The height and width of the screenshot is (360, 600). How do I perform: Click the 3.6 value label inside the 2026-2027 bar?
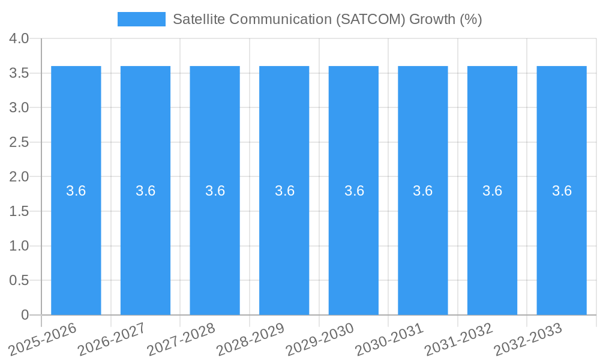click(x=145, y=191)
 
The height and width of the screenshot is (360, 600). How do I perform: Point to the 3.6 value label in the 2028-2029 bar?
click(x=284, y=191)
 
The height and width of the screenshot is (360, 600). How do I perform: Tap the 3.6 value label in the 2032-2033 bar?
click(x=562, y=191)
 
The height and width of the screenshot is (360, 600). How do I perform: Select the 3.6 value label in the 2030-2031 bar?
click(x=423, y=191)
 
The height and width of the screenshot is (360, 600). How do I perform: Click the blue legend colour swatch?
click(x=141, y=19)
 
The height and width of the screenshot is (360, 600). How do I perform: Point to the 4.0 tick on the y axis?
click(x=19, y=38)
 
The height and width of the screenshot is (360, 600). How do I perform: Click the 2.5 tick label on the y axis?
click(x=19, y=142)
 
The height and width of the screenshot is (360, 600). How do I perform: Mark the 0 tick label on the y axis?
click(x=25, y=315)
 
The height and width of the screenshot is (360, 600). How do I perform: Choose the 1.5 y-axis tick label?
click(x=19, y=211)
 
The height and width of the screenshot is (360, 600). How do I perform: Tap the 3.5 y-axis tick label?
click(x=19, y=73)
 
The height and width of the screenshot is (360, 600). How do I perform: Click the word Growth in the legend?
click(x=432, y=19)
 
